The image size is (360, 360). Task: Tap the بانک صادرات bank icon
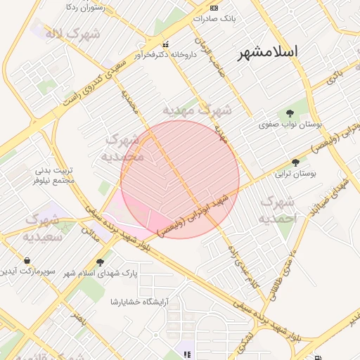pos(214,9)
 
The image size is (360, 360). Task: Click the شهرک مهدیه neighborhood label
pos(197,110)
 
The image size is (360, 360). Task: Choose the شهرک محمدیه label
pos(124,146)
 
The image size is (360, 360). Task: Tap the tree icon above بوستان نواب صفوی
pos(290,113)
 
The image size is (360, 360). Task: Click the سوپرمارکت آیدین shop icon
pos(27,259)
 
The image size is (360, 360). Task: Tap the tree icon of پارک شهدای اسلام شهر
pos(108,262)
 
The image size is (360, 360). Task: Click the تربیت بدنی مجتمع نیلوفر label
pos(54,175)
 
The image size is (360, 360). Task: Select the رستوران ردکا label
pos(84,6)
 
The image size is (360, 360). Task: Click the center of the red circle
pos(180,179)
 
